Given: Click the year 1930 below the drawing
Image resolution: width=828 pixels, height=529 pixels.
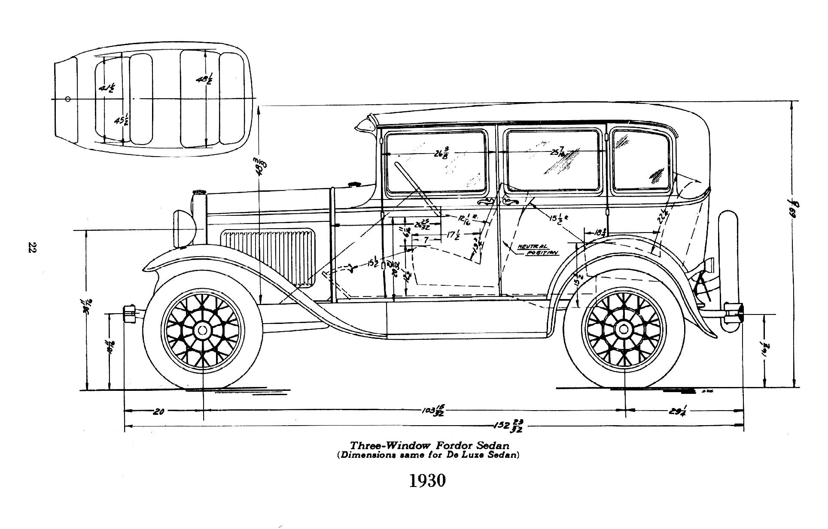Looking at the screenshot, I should coord(427,481).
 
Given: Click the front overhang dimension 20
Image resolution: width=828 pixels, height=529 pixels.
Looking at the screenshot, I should coord(158,412).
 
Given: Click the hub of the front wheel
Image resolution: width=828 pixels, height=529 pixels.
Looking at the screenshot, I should coord(202,330).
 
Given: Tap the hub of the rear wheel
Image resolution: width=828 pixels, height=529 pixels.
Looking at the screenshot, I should coord(623,329).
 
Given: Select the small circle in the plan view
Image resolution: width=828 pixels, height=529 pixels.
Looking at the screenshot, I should coord(67,99).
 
